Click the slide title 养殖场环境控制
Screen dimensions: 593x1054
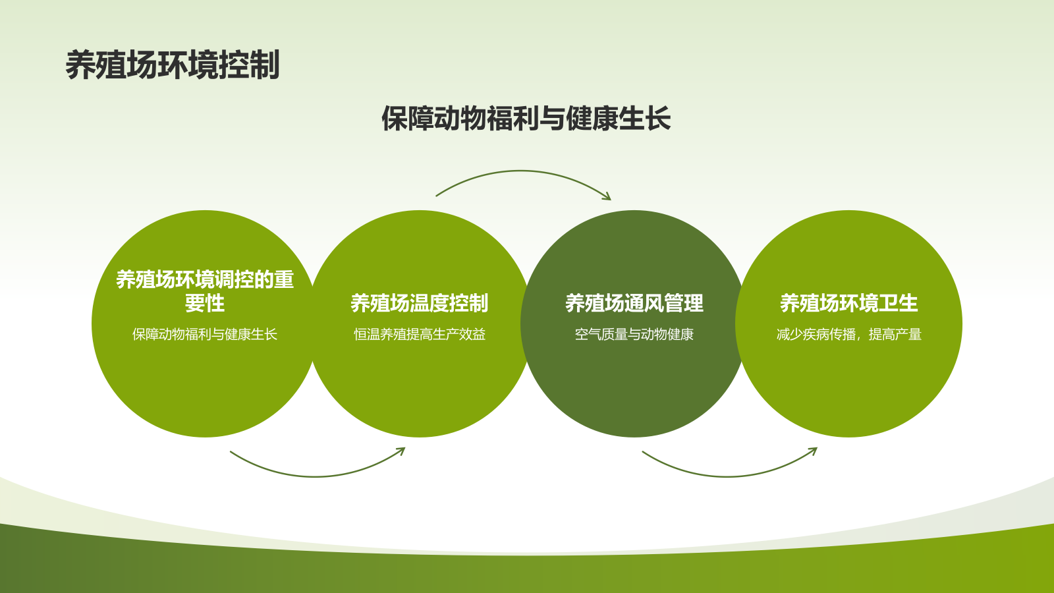coord(173,65)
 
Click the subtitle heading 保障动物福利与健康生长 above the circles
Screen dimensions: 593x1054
coord(526,119)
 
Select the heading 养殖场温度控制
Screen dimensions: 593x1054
coord(419,303)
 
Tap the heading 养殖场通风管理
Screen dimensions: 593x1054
coord(634,303)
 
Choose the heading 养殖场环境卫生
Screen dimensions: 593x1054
coord(848,303)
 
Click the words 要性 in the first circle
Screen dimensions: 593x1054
coord(205,304)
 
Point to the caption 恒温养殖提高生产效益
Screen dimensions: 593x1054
coord(419,335)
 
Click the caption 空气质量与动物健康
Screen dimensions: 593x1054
coord(634,335)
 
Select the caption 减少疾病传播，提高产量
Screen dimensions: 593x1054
coord(848,335)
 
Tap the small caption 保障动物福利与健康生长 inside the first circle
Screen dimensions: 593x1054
coord(205,335)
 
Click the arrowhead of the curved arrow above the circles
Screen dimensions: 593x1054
coord(608,197)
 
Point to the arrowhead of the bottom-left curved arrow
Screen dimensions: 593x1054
coord(401,451)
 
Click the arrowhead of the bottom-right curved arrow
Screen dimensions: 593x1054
coord(814,451)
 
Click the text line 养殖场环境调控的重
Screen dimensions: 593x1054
coord(205,279)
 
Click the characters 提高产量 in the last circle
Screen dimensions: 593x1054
coord(895,335)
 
